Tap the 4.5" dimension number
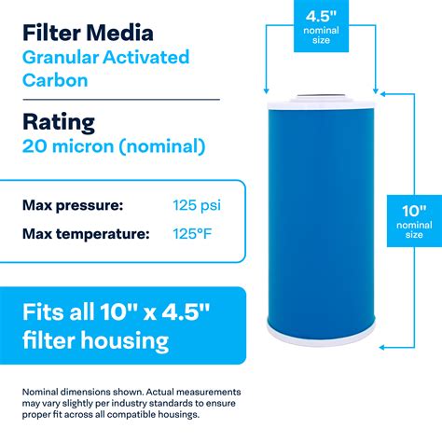(x=317, y=16)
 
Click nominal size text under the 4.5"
(x=317, y=37)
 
